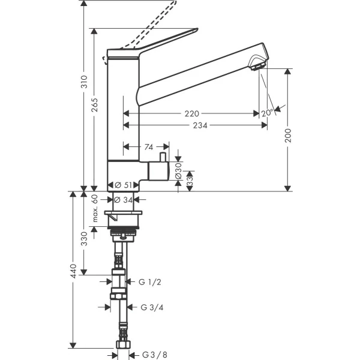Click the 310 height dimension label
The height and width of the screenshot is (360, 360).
(85, 82)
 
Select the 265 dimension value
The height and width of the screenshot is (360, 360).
(94, 105)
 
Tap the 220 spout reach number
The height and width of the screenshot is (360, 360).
(192, 113)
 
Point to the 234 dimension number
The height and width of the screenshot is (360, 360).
(200, 125)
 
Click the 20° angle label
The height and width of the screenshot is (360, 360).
(268, 113)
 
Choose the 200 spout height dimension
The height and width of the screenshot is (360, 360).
(288, 136)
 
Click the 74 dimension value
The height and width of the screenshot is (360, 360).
(149, 147)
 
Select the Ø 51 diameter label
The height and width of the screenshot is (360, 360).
(123, 185)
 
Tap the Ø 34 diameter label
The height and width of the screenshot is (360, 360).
(123, 200)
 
